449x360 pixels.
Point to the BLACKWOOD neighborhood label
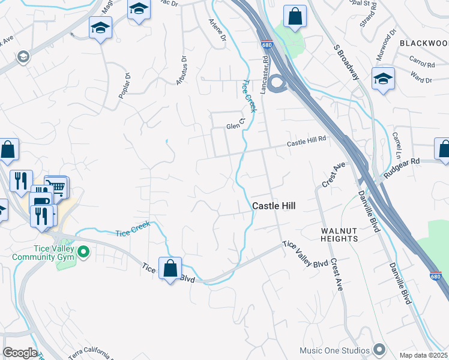pos(424,43)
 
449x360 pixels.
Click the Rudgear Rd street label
pos(402,163)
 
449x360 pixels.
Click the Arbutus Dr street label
pos(181,71)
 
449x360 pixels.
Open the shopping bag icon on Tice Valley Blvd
pos(170,267)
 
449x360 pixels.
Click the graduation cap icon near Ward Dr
pos(382,79)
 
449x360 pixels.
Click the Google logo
pos(20,353)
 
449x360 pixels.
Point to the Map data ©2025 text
pos(423,355)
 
